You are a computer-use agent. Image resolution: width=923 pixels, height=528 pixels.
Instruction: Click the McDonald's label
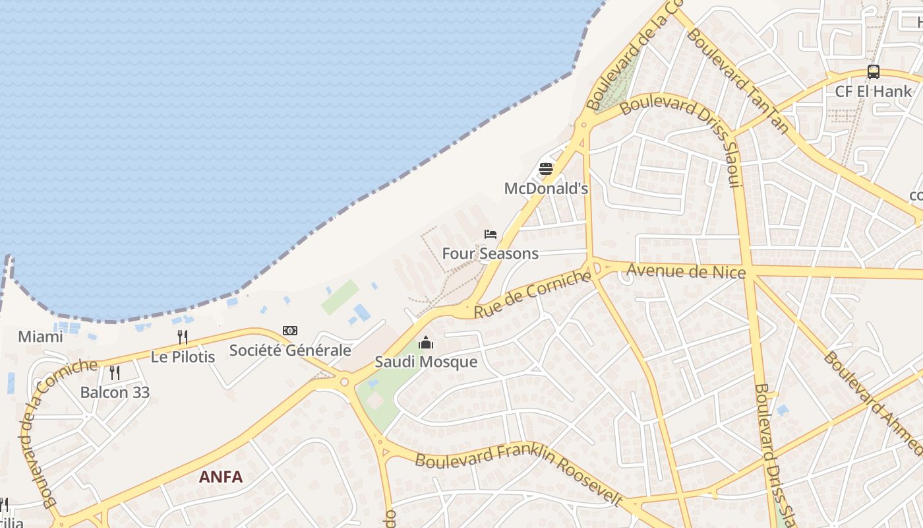[x=546, y=189]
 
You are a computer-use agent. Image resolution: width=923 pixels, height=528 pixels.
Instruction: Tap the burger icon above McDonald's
[x=546, y=169]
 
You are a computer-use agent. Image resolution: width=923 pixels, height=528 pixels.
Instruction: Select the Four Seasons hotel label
[x=490, y=253]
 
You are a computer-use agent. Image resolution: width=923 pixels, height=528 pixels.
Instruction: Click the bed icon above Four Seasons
[x=490, y=234]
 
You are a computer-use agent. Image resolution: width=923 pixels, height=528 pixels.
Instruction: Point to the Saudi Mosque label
[x=426, y=362]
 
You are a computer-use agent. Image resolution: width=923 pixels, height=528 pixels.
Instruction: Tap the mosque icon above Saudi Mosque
[x=426, y=343]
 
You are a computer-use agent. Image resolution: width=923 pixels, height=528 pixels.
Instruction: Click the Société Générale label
[x=290, y=350]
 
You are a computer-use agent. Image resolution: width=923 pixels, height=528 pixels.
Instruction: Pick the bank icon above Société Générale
[x=290, y=331]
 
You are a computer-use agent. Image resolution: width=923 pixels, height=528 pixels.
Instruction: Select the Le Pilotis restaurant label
[x=183, y=357]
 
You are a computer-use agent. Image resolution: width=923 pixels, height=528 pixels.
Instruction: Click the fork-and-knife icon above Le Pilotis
[x=183, y=337]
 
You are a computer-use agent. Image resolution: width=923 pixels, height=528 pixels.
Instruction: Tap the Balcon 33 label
[x=115, y=393]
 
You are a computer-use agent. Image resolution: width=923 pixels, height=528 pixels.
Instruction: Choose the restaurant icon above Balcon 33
[x=115, y=373]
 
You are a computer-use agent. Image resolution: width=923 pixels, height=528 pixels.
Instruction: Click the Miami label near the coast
[x=40, y=337]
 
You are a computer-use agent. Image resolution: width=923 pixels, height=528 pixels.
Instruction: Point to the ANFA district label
[x=221, y=477]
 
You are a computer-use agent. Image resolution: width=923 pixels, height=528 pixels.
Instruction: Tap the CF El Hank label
[x=873, y=92]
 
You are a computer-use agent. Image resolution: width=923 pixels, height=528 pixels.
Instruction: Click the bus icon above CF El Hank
[x=873, y=72]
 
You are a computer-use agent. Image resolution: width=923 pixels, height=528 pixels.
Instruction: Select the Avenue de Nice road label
[x=686, y=271]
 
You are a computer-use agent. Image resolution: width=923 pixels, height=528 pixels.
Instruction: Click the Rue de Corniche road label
[x=532, y=294]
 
